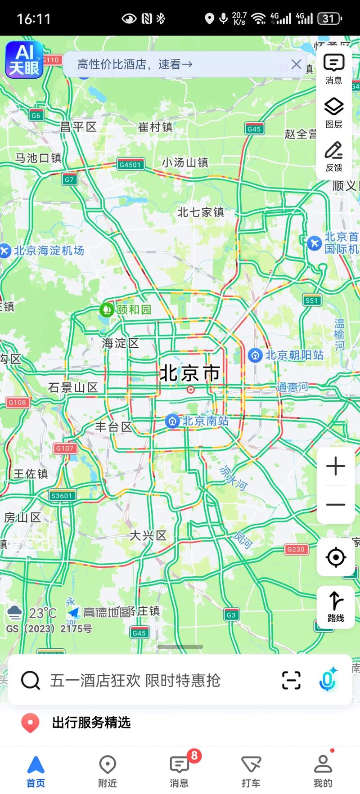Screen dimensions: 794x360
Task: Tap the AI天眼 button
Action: point(24,59)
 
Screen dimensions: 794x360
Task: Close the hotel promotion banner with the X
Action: point(296,64)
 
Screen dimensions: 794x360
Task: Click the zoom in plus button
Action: point(336,466)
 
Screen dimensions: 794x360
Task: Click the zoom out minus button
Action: point(336,504)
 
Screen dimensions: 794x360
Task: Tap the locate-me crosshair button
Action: point(336,557)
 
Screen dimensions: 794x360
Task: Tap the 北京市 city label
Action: point(190,373)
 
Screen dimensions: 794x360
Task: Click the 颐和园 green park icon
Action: point(107,310)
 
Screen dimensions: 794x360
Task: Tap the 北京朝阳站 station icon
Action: point(255,355)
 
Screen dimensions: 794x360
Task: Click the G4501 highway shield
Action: point(130,165)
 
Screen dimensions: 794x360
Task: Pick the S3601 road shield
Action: point(62,496)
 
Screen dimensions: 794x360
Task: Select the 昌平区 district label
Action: point(79,127)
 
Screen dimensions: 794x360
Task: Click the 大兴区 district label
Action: point(148,536)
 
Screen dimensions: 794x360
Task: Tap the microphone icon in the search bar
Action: point(328,680)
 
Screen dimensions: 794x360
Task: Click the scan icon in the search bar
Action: point(291,680)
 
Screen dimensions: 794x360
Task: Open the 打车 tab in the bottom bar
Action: point(251,771)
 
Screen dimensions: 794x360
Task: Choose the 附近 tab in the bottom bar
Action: point(108,771)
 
